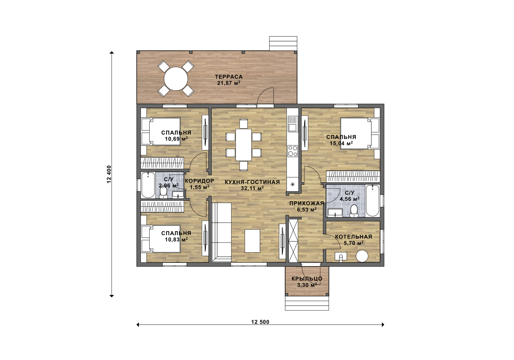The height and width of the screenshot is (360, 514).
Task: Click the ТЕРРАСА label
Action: click(229, 77)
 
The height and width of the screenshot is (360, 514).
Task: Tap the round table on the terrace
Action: click(176, 78)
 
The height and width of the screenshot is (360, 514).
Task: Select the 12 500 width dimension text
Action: click(260, 322)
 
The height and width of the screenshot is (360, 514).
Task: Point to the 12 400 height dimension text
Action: click(109, 174)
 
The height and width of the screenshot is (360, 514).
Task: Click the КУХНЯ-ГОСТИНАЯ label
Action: click(252, 182)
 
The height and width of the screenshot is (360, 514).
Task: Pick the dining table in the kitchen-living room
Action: click(244, 145)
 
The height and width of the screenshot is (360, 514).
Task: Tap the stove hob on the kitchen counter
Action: click(293, 151)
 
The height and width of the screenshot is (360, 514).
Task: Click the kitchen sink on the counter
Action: click(293, 124)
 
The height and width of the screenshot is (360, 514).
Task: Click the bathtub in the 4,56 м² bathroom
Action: click(372, 201)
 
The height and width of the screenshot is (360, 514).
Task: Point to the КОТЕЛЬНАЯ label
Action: click(354, 237)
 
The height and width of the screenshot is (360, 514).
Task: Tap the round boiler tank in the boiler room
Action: click(362, 256)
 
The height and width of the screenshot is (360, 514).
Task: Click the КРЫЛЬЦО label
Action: click(307, 279)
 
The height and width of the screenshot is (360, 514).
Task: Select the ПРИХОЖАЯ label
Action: click(307, 203)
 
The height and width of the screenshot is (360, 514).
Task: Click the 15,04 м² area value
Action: click(341, 143)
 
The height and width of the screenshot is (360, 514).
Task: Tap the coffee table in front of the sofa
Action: click(252, 241)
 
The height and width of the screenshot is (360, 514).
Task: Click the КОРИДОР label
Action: click(199, 181)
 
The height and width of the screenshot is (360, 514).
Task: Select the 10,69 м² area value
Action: click(176, 139)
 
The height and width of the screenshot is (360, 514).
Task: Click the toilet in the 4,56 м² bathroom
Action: click(354, 211)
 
